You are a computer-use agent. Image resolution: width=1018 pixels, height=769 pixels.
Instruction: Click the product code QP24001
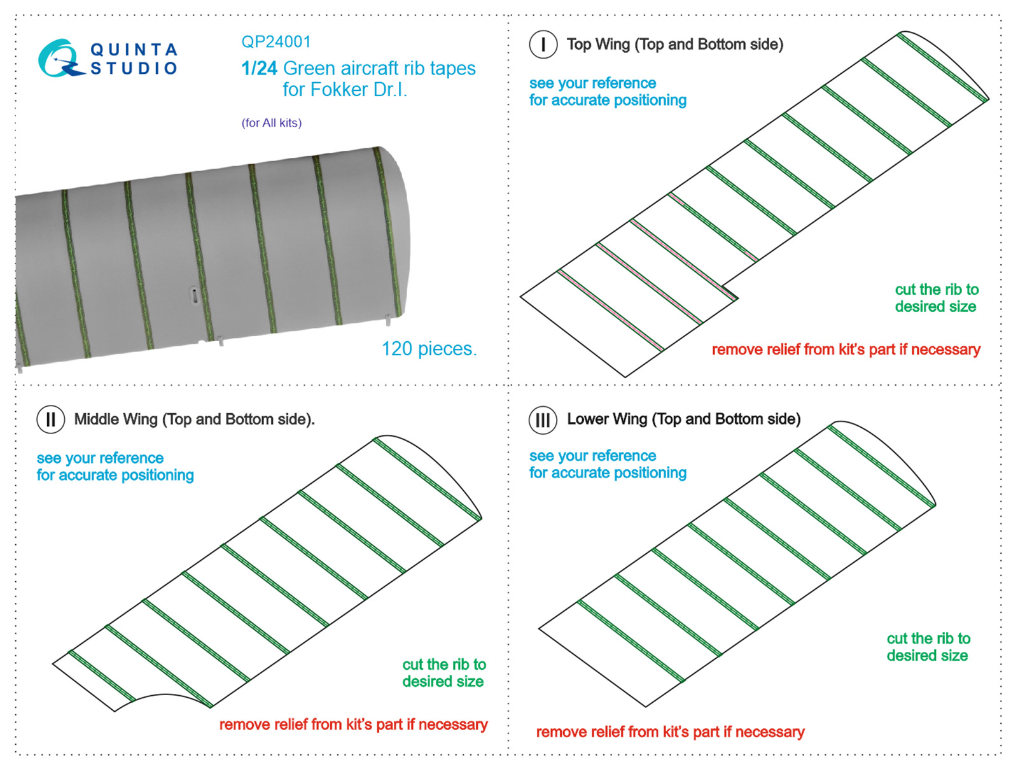pos(276,42)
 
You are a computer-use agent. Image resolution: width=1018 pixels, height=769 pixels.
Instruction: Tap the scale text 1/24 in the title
pos(259,68)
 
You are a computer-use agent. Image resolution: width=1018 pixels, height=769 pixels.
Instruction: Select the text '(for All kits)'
pos(272,123)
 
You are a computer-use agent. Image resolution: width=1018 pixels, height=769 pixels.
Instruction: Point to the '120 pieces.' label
pos(429,349)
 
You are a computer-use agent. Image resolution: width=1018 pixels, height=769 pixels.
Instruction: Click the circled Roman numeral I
pos(543,45)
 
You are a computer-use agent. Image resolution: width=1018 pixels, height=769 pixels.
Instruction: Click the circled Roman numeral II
pos(51,420)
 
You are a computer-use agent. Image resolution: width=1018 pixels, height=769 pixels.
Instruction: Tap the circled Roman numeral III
pos(543,420)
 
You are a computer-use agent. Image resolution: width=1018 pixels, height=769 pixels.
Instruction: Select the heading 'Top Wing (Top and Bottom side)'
pos(674,45)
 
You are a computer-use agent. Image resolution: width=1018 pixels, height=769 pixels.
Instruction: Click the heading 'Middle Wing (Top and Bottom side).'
pos(194,420)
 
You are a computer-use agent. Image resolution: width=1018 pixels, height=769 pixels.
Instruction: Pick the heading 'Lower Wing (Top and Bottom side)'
pos(683,420)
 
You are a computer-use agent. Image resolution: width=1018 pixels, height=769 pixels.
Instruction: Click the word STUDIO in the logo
pos(134,68)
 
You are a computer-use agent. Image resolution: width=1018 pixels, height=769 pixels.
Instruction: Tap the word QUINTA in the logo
pos(134,50)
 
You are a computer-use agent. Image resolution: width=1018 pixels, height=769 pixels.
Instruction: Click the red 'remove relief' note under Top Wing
pos(846,349)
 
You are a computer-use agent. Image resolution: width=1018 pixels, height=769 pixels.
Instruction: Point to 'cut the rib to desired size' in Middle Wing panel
pos(443,673)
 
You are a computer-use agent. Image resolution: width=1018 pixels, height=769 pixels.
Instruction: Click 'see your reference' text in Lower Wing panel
pos(592,456)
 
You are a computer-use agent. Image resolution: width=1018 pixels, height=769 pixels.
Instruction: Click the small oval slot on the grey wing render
pos(194,295)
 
